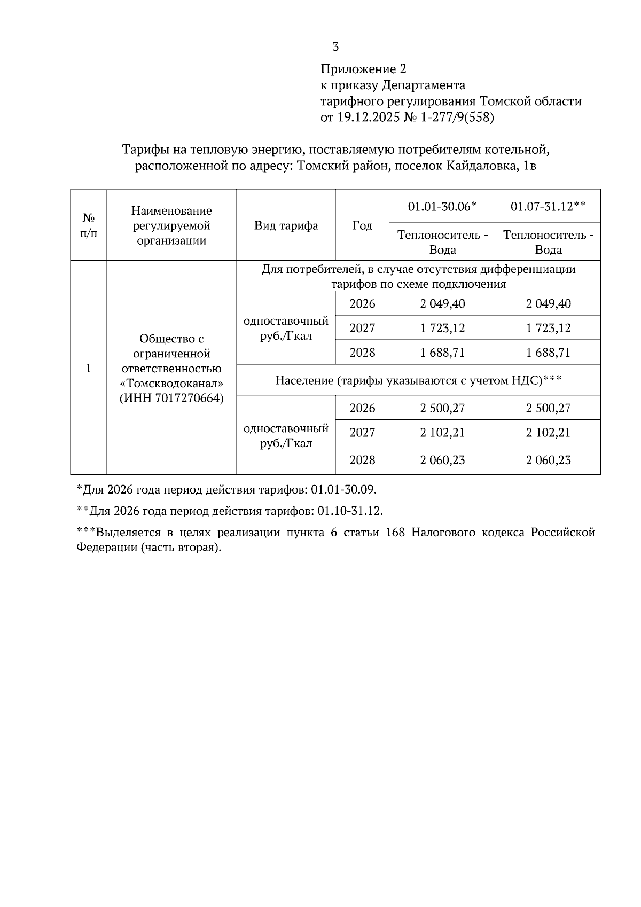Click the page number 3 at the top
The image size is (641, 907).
click(x=335, y=47)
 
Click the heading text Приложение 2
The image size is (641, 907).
click(x=363, y=69)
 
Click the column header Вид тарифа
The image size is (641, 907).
click(x=286, y=225)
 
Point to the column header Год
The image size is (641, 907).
click(x=362, y=225)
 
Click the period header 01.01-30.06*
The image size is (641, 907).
click(x=442, y=206)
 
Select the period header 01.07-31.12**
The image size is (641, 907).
click(x=548, y=206)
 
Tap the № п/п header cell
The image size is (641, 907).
click(x=89, y=225)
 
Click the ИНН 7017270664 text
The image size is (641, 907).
click(x=171, y=398)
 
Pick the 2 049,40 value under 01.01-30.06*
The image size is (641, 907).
click(x=442, y=303)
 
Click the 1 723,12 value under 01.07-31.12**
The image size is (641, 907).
click(x=548, y=327)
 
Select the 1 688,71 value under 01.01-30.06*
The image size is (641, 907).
click(x=442, y=353)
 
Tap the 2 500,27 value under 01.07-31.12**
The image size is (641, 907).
click(x=548, y=408)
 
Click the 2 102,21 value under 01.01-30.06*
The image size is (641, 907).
click(x=442, y=432)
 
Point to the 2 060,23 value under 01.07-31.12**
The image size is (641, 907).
click(x=548, y=460)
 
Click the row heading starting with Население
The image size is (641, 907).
click(x=418, y=380)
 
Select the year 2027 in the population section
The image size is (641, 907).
click(x=362, y=432)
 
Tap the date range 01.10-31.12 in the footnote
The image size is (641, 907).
click(x=349, y=511)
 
